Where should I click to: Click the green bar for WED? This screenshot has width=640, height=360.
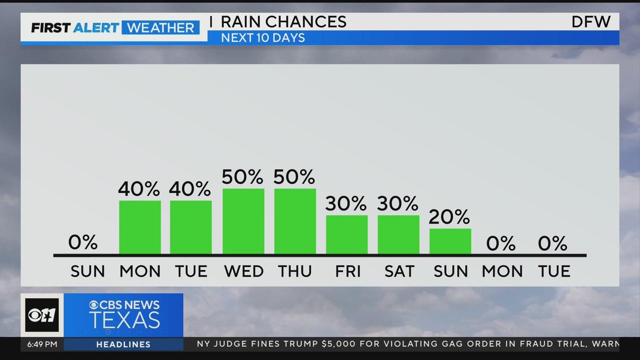point(243,221)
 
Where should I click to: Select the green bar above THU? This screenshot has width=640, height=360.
point(295,221)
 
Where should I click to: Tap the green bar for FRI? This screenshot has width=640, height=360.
point(346,234)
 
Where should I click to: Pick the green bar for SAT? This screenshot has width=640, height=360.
point(398,234)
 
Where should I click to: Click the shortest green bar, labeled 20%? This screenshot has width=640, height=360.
point(450,241)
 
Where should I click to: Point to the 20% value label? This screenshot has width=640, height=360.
point(449,216)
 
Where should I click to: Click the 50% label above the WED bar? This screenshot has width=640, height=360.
point(242,176)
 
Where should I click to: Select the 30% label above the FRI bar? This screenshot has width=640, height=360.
point(346,203)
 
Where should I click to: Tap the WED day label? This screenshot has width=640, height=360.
point(243,271)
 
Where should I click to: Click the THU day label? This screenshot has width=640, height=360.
point(295,271)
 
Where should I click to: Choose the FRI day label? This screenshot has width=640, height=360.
point(348,271)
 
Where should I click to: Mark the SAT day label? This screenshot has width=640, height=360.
point(399,271)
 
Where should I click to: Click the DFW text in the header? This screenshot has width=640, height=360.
point(591,22)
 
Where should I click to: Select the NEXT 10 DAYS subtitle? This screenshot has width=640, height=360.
point(263,38)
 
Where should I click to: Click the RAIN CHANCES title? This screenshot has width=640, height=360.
point(283,22)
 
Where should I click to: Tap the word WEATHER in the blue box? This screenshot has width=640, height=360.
point(160,27)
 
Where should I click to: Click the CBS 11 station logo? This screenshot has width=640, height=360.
point(42,315)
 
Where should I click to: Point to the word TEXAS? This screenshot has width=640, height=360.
point(124,320)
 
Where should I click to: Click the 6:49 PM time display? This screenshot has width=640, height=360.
point(39,344)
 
